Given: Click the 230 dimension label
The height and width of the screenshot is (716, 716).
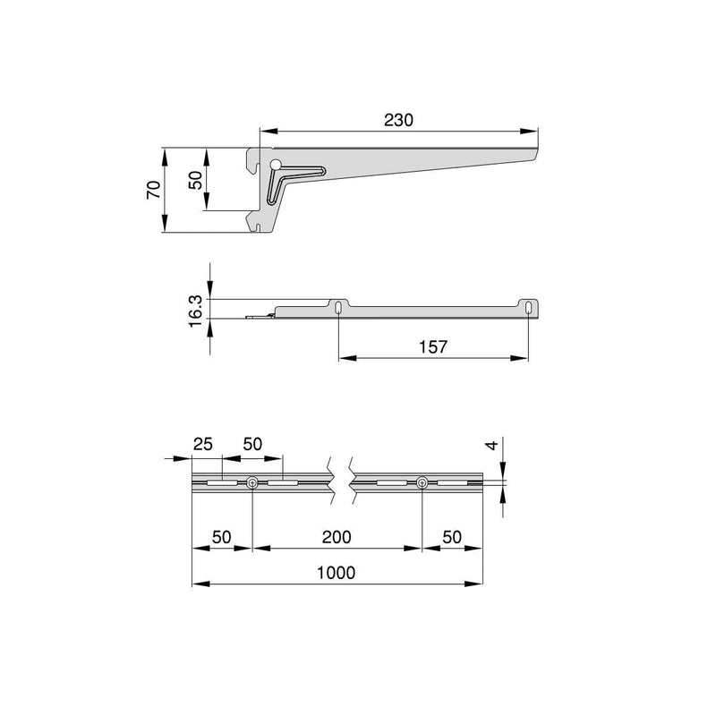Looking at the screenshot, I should coord(399,119).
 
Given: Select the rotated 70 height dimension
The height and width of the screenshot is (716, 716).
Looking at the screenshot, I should coord(153,190).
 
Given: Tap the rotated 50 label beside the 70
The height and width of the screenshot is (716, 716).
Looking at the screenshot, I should coord(195,180).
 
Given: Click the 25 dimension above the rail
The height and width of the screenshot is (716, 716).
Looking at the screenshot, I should coord(203,444).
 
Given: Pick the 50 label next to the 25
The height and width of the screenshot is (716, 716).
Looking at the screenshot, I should coord(252,444).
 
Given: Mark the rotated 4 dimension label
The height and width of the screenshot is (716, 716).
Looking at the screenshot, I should coord(488,446).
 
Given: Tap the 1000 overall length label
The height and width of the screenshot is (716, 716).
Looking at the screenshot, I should coord(337,572).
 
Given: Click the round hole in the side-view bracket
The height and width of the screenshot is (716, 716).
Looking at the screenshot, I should coord(276,164).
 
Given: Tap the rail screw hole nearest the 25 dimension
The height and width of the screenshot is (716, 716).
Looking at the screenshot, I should coord(254,483).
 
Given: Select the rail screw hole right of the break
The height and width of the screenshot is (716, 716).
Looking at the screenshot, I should coord(422,483).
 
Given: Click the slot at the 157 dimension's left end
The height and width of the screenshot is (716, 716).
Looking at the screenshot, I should coord(338,308).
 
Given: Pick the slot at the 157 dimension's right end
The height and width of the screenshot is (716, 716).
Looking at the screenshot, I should coord(528,308).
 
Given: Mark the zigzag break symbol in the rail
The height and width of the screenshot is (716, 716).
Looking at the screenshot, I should coord(340,483).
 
